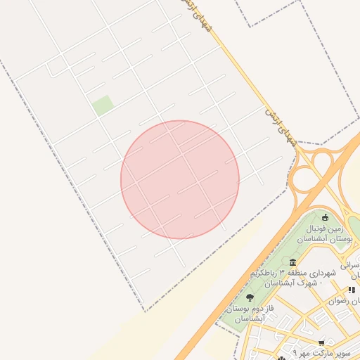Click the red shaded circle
[x=180, y=179]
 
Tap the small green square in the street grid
[x=103, y=105]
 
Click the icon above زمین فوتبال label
[x=325, y=217]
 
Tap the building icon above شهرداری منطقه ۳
[x=292, y=262]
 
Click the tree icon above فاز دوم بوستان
[x=250, y=298]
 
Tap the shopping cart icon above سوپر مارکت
[x=322, y=344]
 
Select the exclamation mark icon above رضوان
[x=351, y=290]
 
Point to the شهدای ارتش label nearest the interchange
[x=279, y=126]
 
